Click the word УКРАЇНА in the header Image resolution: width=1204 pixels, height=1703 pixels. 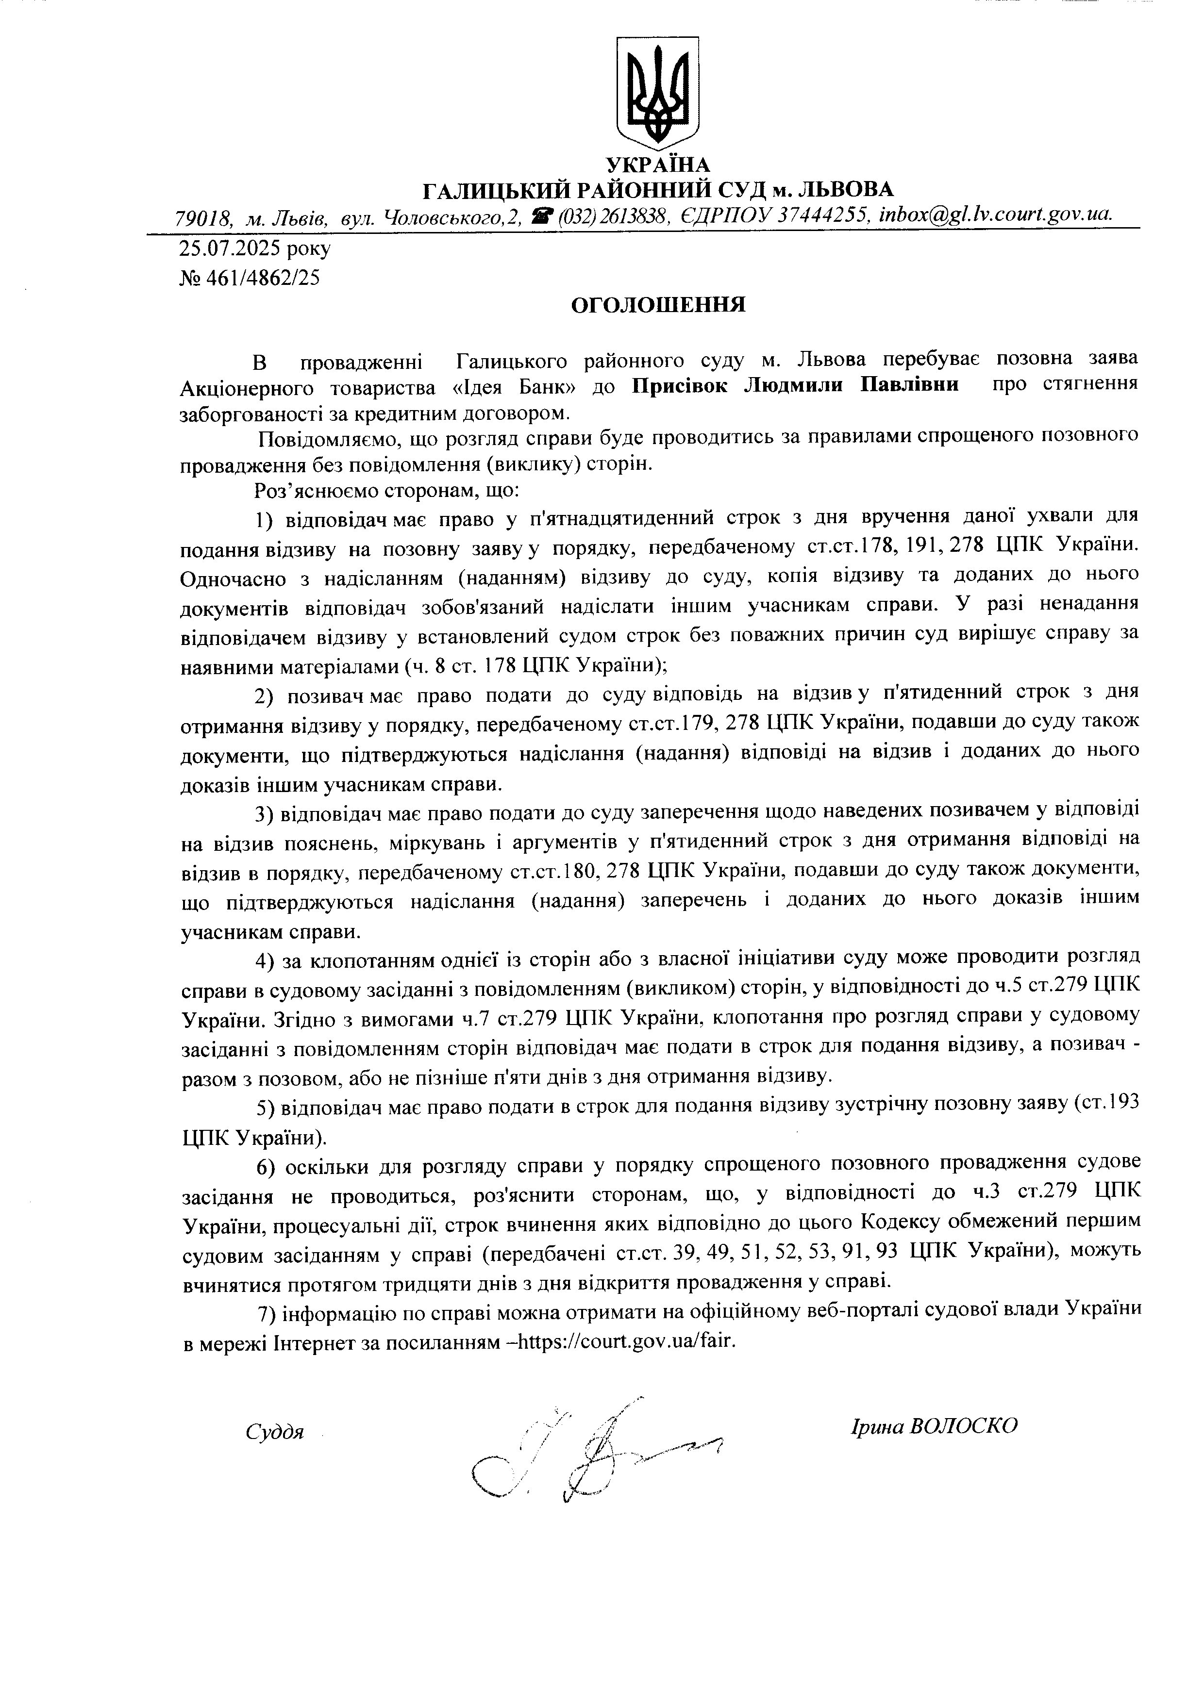pos(657,165)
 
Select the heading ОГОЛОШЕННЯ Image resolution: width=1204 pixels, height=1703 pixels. pos(657,305)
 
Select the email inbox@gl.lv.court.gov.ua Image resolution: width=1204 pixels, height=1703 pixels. pos(995,215)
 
